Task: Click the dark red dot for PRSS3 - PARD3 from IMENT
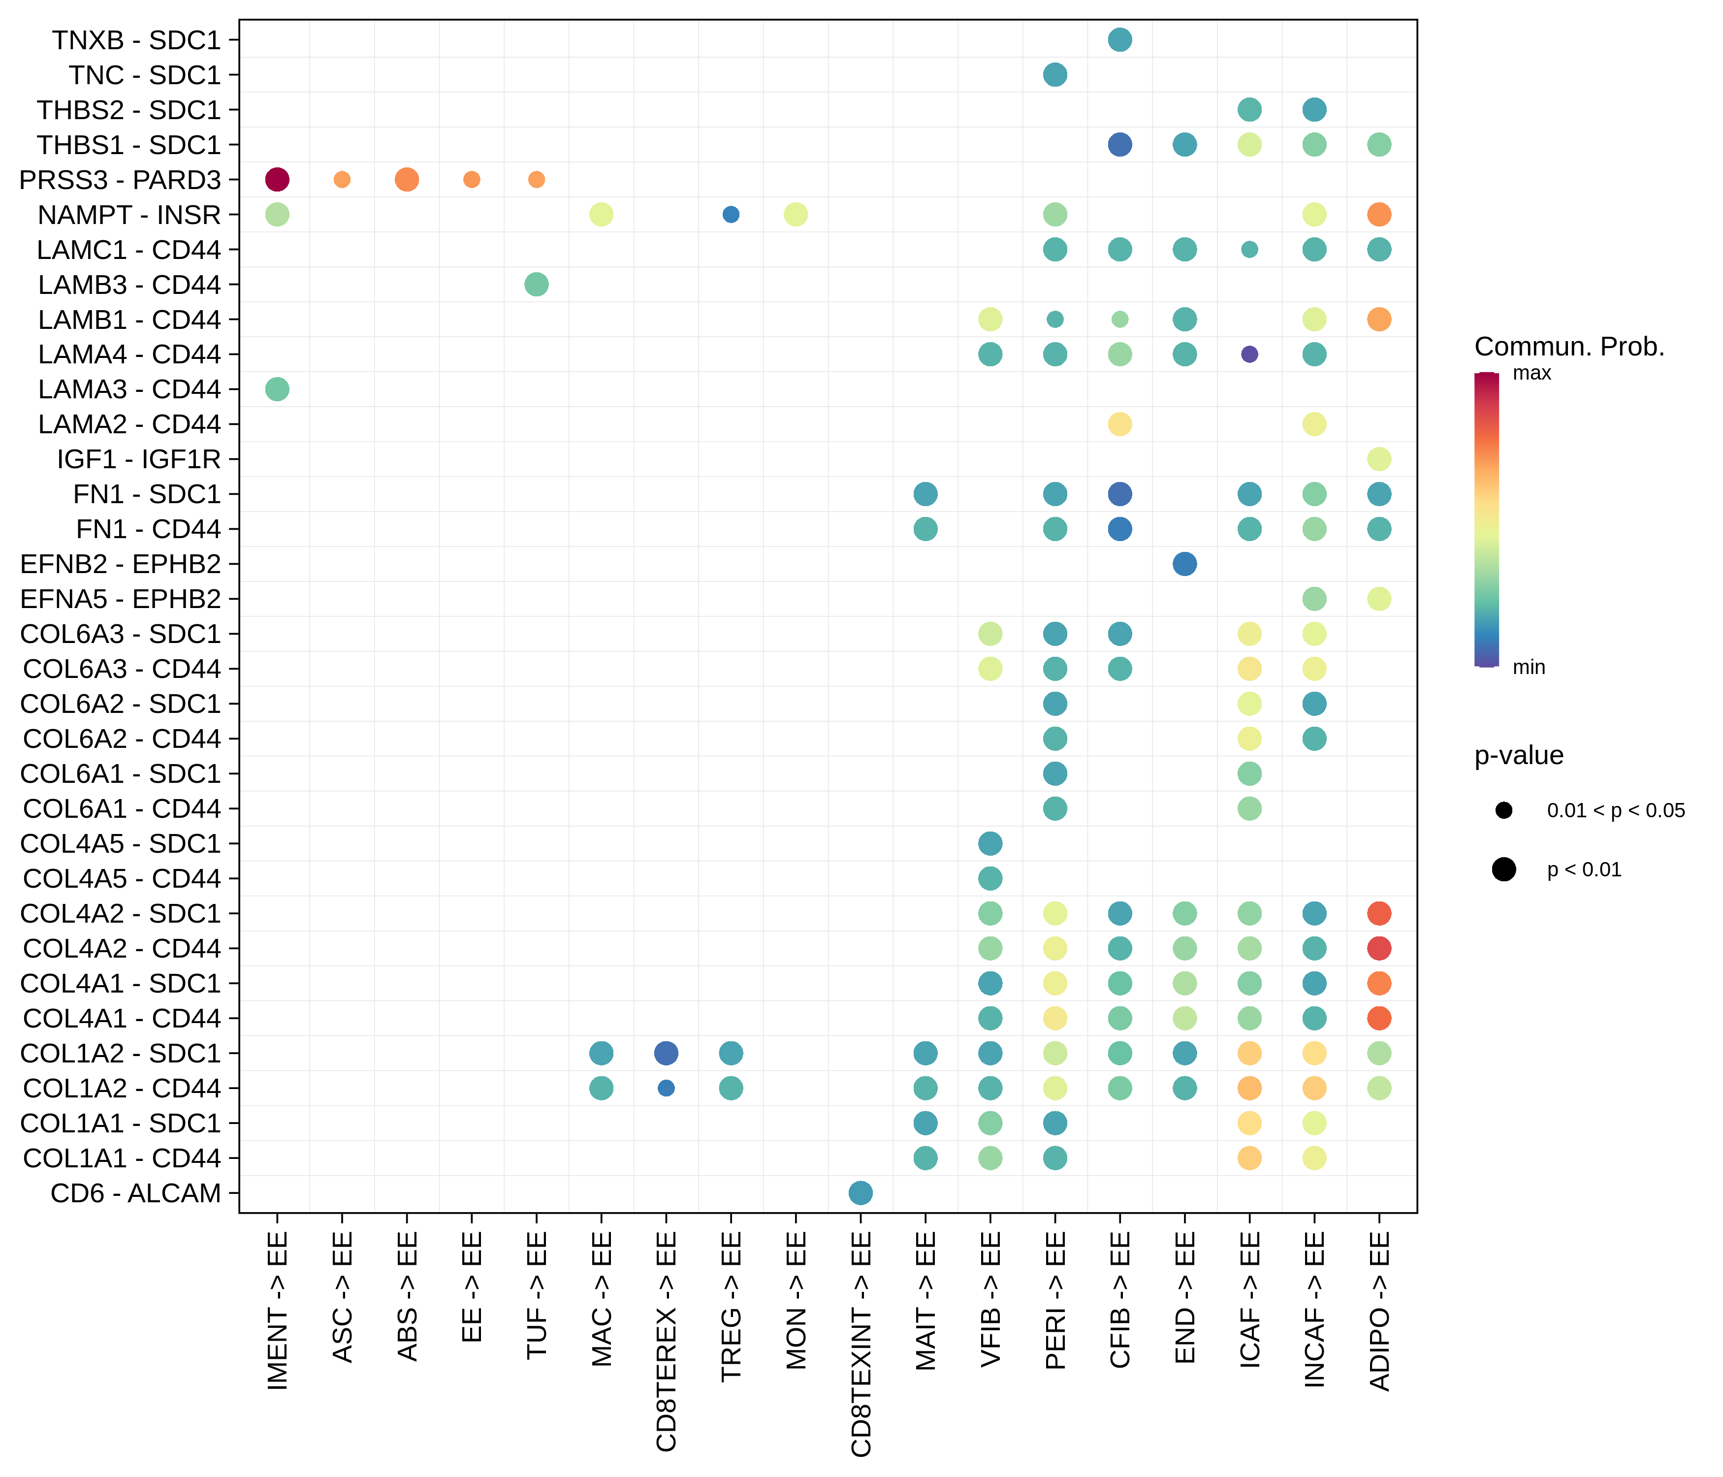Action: [277, 180]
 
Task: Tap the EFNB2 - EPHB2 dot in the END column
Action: [1184, 564]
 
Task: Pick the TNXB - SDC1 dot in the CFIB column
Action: [1119, 40]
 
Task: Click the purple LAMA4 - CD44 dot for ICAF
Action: [1249, 354]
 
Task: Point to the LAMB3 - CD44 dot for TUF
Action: [537, 285]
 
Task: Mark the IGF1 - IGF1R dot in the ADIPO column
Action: [1379, 459]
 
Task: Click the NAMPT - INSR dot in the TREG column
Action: [731, 215]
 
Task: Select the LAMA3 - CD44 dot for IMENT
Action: [277, 389]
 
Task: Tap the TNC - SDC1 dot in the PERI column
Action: [1054, 75]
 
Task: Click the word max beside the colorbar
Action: [1532, 373]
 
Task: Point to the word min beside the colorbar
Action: [1529, 667]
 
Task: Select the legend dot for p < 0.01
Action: [1503, 870]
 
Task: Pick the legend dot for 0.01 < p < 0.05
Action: [1503, 810]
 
